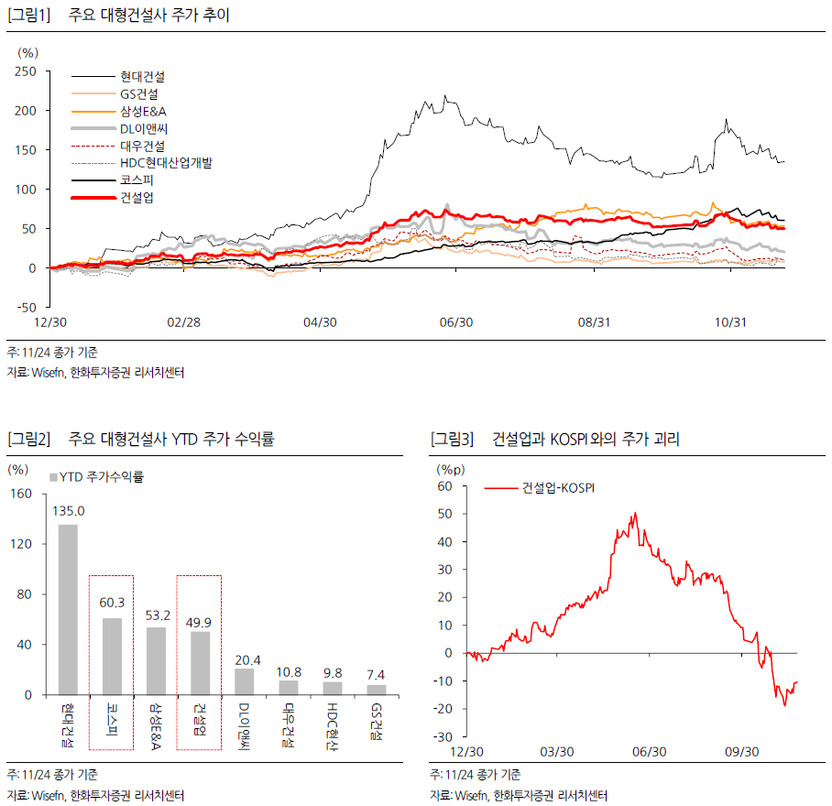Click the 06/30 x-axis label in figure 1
456,322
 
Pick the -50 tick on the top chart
26,308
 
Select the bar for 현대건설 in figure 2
68,609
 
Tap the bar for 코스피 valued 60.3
112,656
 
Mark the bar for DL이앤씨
244,681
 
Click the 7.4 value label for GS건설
377,675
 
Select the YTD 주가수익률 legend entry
101,476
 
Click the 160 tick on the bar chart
20,494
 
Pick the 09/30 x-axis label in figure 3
741,751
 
